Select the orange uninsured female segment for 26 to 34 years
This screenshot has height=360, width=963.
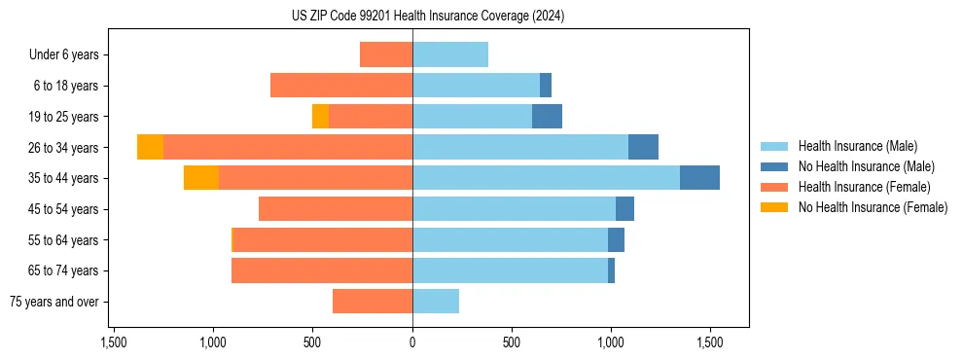[150, 147]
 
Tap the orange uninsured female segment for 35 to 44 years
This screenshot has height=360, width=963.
[201, 178]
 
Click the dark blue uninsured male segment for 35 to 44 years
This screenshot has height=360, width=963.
[699, 178]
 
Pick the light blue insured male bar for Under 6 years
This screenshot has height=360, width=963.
[450, 54]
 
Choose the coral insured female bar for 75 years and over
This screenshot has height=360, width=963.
[373, 302]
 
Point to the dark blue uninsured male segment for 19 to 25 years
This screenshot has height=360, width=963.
[547, 117]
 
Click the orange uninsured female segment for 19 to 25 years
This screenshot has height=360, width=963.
[320, 117]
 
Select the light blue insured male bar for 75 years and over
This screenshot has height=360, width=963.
[436, 302]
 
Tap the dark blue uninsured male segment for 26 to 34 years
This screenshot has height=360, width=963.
[643, 147]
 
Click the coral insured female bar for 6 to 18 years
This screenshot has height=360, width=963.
[341, 86]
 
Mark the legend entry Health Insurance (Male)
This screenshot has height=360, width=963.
[857, 146]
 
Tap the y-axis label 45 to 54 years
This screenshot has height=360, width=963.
[64, 209]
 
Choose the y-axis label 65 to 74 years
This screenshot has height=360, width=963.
[64, 270]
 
